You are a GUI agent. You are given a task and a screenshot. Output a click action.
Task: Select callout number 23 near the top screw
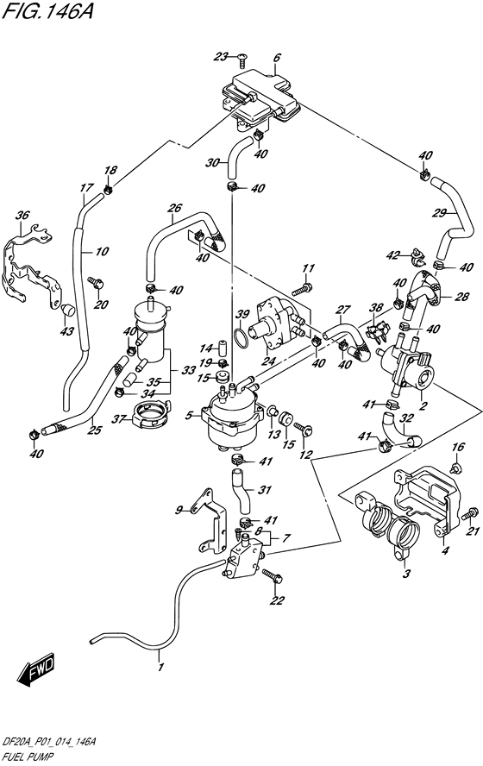pyautogui.click(x=221, y=57)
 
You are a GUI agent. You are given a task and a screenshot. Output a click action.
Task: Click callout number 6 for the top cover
pyautogui.click(x=277, y=59)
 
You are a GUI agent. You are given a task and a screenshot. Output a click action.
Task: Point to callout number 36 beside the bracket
pyautogui.click(x=22, y=216)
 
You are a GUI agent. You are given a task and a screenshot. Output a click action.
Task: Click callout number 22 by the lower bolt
pyautogui.click(x=276, y=601)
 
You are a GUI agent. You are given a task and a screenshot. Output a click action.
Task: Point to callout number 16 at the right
pyautogui.click(x=459, y=447)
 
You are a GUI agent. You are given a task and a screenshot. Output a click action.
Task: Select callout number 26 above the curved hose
pyautogui.click(x=174, y=208)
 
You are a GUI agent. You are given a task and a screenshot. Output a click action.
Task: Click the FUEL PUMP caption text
pyautogui.click(x=29, y=753)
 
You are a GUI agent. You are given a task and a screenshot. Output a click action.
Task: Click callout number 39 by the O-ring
pyautogui.click(x=242, y=314)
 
